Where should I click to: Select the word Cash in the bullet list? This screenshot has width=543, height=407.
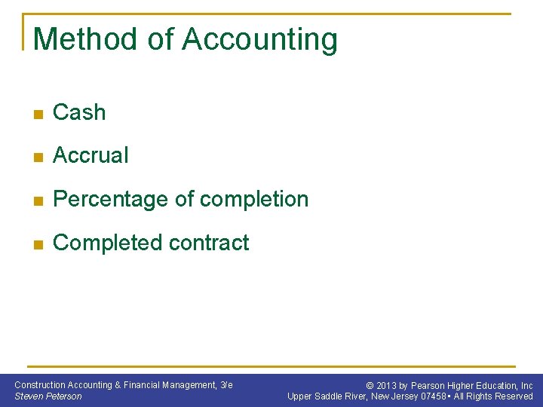coord(79,112)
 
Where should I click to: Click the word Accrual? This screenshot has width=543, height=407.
coord(90,155)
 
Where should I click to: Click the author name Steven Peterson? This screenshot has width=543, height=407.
coord(48,396)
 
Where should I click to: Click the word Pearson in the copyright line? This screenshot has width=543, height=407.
coord(428,385)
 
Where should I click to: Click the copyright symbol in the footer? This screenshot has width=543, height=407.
coord(370,385)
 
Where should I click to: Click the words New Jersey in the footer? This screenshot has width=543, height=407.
coord(394,396)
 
